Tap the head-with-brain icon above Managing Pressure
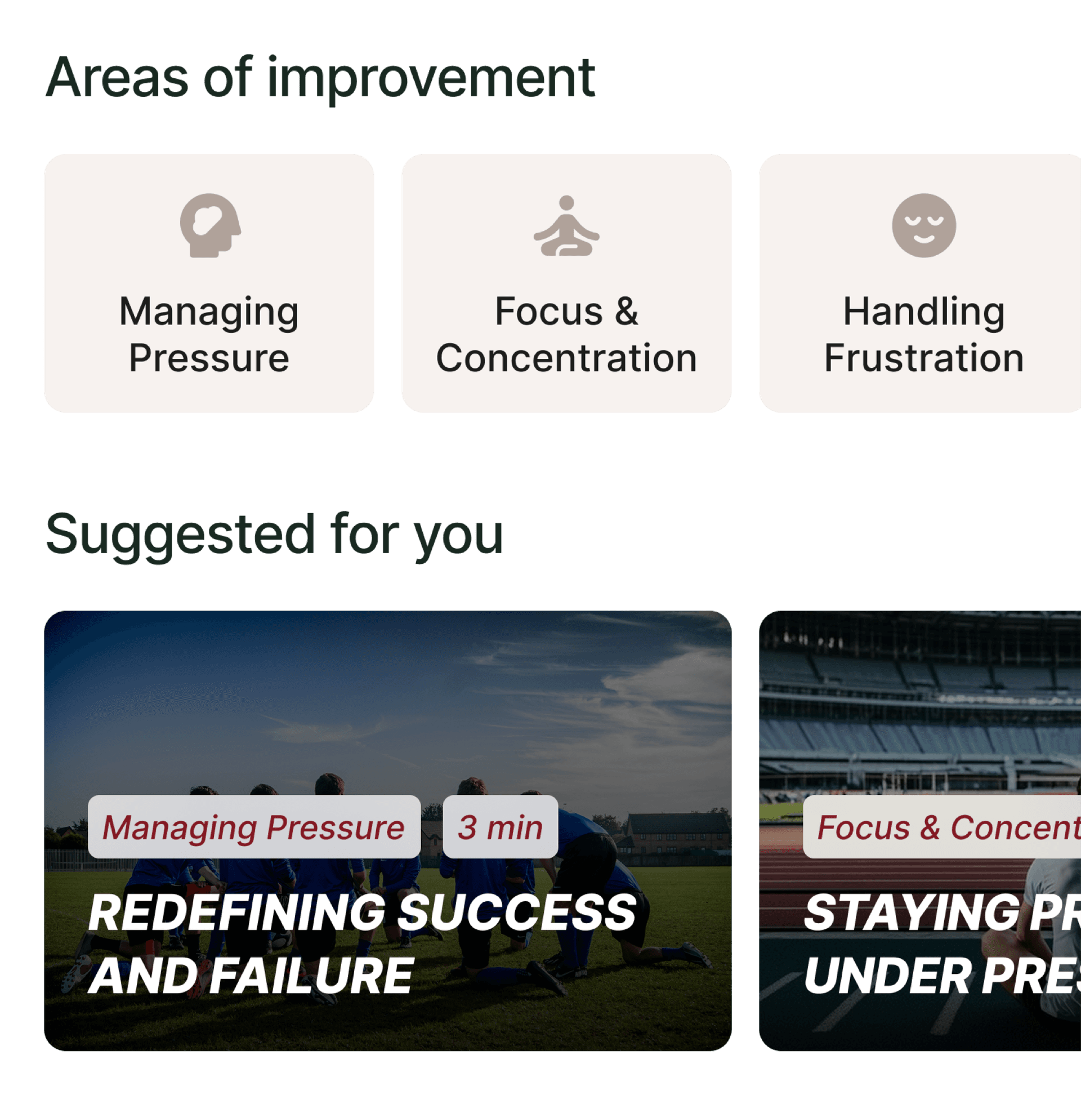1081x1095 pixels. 210,225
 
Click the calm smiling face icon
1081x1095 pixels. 923,225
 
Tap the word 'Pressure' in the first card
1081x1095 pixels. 209,358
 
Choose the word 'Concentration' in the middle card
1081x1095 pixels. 566,358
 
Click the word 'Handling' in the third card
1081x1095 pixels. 923,311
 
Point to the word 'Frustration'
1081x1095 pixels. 923,358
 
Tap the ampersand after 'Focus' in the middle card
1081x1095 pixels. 626,311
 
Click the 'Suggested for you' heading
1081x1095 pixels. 274,534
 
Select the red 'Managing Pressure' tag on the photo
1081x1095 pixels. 254,827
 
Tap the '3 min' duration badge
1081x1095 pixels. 501,827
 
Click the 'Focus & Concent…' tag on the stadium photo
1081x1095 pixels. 946,827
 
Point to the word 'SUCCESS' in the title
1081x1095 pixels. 517,912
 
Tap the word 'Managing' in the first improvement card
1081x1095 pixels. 209,311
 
